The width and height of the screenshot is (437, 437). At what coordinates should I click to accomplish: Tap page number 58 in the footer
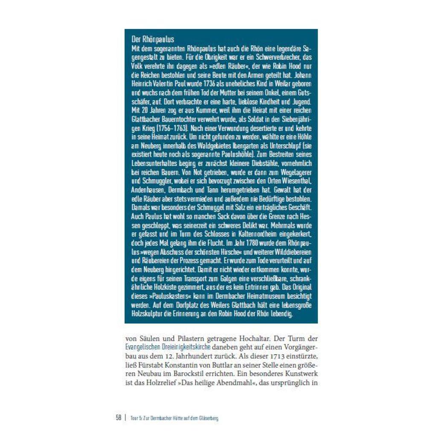click(x=119, y=418)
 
